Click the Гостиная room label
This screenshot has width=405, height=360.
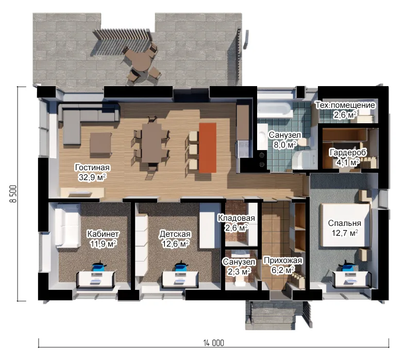[92, 168]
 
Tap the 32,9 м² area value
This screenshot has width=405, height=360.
[92, 177]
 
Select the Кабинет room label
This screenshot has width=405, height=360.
[103, 234]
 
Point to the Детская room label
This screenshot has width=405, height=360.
[175, 234]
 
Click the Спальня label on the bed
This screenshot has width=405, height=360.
[345, 223]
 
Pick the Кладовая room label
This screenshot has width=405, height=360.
[237, 218]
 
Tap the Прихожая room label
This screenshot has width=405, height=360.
[282, 260]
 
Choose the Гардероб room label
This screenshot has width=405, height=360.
[348, 153]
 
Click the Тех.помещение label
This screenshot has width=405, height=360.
[345, 105]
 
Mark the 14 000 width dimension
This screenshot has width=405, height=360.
[214, 343]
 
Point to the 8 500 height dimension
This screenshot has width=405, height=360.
[14, 194]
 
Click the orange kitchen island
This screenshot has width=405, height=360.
[208, 148]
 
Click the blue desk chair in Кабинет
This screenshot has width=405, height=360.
[98, 267]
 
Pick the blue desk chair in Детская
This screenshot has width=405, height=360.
[181, 266]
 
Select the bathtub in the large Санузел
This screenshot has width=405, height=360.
[275, 109]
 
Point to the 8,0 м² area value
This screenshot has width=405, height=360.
[285, 145]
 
